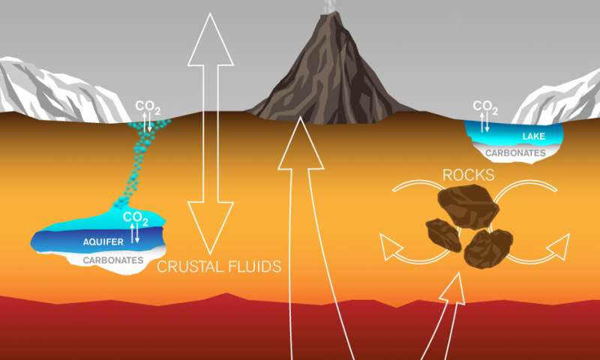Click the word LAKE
click(533, 136)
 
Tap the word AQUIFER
click(103, 241)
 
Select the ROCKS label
click(468, 175)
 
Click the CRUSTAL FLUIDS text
click(219, 267)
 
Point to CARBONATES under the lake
click(515, 153)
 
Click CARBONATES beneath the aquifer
click(113, 260)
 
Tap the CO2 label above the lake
click(485, 106)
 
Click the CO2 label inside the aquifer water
click(135, 218)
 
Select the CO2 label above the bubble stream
click(148, 107)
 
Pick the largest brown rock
click(468, 205)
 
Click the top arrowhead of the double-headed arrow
click(211, 40)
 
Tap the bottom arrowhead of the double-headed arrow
click(211, 229)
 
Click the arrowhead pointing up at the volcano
click(301, 143)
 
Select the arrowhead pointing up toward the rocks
click(454, 289)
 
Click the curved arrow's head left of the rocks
click(390, 247)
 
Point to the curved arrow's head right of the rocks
click(559, 247)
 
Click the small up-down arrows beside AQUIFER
click(135, 233)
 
